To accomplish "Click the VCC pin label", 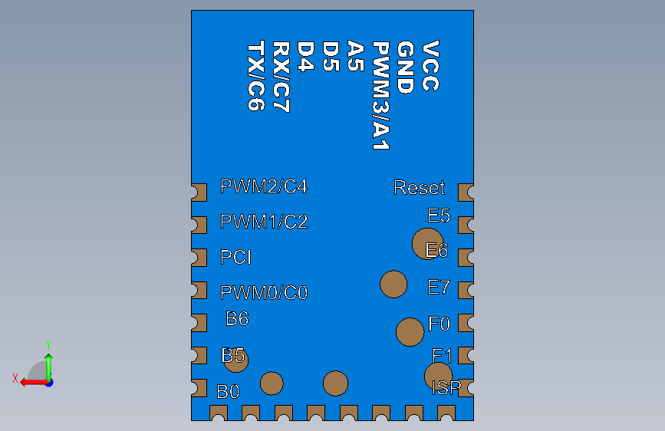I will pyautogui.click(x=431, y=67).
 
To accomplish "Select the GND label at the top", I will pyautogui.click(x=406, y=67).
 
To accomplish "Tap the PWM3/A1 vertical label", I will pyautogui.click(x=380, y=96).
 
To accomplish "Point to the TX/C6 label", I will pyautogui.click(x=256, y=77).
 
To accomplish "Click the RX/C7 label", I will pyautogui.click(x=281, y=77).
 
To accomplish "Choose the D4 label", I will pyautogui.click(x=306, y=57).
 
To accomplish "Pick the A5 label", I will pyautogui.click(x=355, y=57).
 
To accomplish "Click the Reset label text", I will pyautogui.click(x=419, y=188).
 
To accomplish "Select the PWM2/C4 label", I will pyautogui.click(x=264, y=186).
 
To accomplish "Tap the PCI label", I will pyautogui.click(x=236, y=258).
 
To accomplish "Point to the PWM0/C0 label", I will pyautogui.click(x=264, y=293).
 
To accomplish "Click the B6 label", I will pyautogui.click(x=237, y=318).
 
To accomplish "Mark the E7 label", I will pyautogui.click(x=439, y=288).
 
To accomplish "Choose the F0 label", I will pyautogui.click(x=439, y=324).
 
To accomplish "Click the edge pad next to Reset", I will pyautogui.click(x=466, y=191).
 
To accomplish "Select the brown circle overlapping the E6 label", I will pyautogui.click(x=426, y=244).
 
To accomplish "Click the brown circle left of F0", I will pyautogui.click(x=410, y=332).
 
